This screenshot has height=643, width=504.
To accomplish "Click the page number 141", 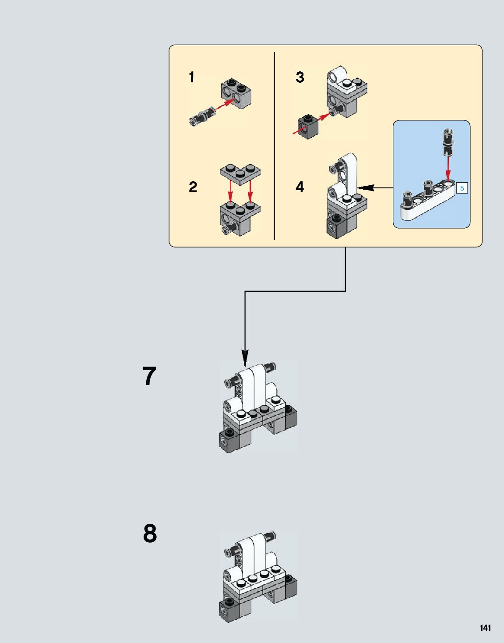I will (485, 628).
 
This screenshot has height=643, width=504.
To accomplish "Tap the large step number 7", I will (149, 376).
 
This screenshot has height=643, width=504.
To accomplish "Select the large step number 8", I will (150, 533).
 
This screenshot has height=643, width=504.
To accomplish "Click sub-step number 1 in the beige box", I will (191, 78).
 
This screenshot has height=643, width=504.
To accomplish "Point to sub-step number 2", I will (193, 187).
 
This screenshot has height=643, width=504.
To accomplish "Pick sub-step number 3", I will (300, 78).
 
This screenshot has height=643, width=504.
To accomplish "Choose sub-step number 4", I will (300, 187).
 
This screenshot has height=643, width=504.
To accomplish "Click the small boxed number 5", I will (462, 188).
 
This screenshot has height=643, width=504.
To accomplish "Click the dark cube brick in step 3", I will (308, 127).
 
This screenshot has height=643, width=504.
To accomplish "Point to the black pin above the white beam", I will (448, 142).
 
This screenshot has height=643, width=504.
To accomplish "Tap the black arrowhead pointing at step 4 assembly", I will (365, 188).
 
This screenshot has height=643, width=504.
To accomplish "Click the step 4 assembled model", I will (346, 197).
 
